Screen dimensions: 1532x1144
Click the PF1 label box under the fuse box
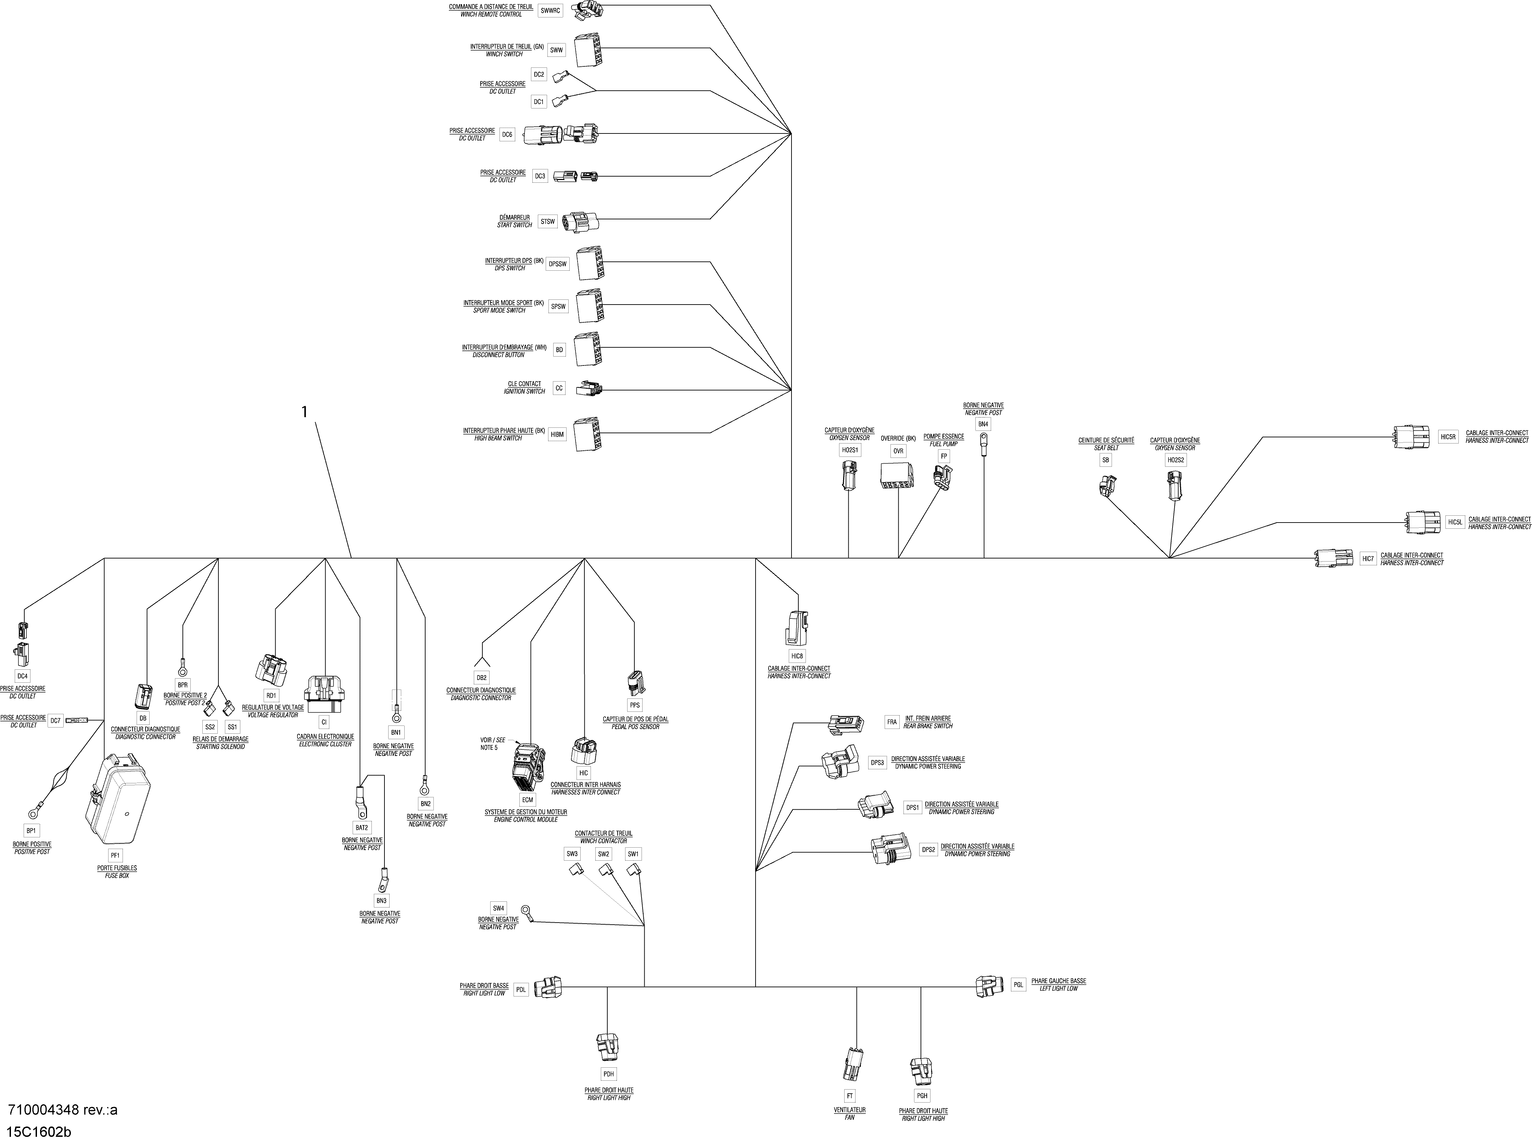(116, 856)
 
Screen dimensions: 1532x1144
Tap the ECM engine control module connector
(528, 767)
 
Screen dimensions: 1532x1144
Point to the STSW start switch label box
(548, 222)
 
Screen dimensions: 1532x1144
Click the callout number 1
(304, 412)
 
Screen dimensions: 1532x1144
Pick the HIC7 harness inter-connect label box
(1368, 559)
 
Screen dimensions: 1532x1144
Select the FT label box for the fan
(850, 1096)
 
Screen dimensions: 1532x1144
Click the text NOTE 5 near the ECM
(489, 748)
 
